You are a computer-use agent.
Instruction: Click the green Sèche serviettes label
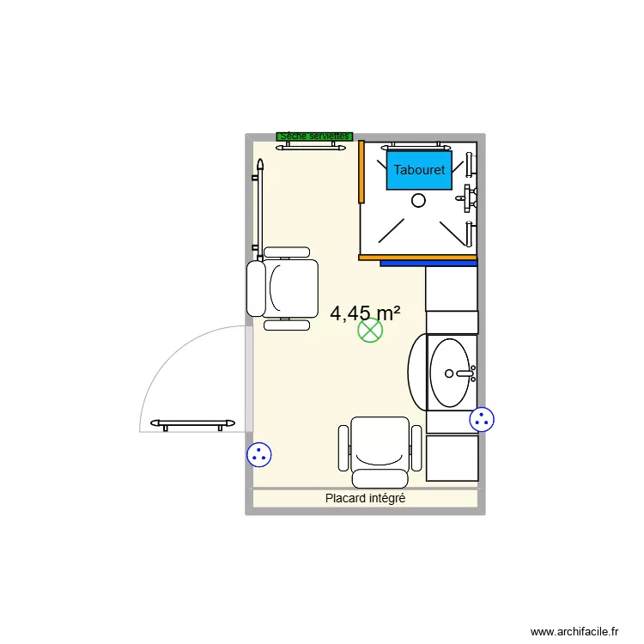(314, 136)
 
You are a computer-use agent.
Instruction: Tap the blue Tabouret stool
(419, 170)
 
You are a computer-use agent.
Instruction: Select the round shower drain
(418, 200)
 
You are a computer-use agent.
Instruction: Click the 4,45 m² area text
(366, 313)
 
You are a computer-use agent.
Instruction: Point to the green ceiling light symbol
(370, 331)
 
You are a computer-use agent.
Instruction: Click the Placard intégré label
(365, 498)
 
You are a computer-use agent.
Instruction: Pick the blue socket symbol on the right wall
(482, 419)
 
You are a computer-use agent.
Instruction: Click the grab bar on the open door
(193, 423)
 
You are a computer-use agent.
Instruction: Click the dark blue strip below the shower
(428, 264)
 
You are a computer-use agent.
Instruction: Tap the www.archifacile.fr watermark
(574, 631)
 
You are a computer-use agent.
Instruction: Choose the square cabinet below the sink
(452, 458)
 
